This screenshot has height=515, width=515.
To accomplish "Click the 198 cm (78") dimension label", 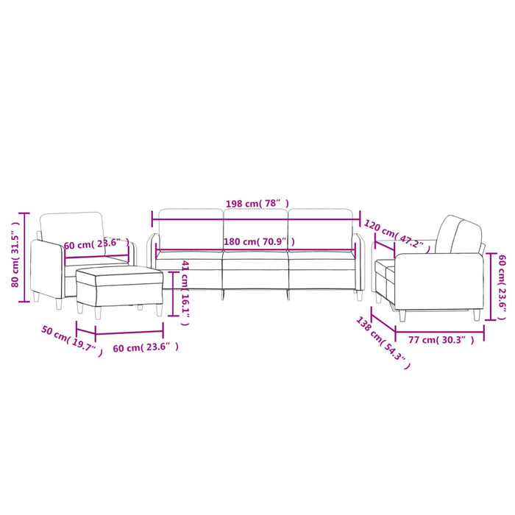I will [257, 202].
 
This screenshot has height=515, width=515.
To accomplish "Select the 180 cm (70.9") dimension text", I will [258, 241].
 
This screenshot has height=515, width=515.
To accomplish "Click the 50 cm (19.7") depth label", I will [71, 341].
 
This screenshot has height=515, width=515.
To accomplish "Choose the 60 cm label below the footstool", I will [145, 347].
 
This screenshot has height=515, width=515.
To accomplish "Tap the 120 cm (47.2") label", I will [394, 232].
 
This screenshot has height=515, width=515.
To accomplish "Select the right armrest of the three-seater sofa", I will [358, 261].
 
